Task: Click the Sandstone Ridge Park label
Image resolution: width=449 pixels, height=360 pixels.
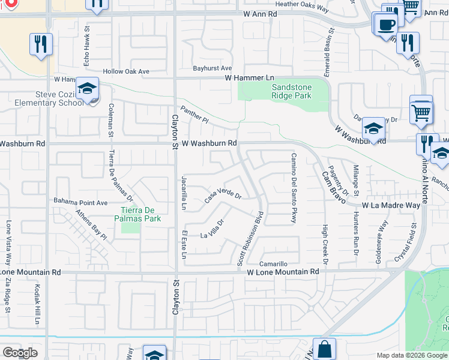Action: [283, 91]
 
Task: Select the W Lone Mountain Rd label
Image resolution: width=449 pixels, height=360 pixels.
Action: [283, 272]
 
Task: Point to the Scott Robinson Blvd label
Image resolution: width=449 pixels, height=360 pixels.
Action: [251, 238]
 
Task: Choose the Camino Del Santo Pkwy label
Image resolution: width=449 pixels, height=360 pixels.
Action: [294, 188]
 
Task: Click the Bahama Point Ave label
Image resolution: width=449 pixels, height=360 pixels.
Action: [80, 202]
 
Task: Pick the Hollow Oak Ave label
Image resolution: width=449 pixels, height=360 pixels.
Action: [125, 71]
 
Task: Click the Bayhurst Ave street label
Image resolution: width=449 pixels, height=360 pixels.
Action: [212, 68]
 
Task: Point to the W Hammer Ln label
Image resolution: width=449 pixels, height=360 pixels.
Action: [249, 78]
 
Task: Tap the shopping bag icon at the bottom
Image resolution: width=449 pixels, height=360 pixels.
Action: [324, 349]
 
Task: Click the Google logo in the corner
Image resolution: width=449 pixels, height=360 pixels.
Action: [20, 353]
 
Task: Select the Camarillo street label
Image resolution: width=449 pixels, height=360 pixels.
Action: [274, 264]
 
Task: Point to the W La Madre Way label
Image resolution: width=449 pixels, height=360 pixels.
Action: [391, 205]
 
